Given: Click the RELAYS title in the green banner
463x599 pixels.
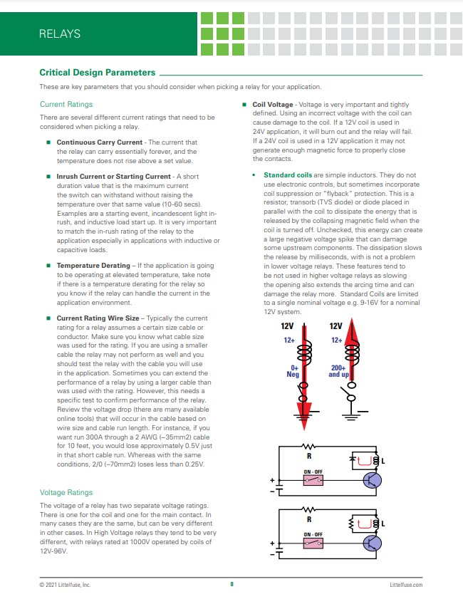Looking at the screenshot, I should pos(60,33).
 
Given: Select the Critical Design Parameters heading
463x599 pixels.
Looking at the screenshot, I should pos(97,73).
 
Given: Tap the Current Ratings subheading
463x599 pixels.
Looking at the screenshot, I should pos(66,104).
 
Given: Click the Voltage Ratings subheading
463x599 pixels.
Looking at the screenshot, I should pos(66,492).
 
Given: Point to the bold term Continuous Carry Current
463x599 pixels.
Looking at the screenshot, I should pos(99,142).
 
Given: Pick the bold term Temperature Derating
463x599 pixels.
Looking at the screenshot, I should pos(93,265).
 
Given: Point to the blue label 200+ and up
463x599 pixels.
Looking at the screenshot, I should pos(338,372).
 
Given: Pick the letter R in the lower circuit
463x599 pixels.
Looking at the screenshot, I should pos(309,520).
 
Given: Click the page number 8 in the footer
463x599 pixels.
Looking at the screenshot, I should pos(231,584).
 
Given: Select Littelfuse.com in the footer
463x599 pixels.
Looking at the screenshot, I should pos(406,584).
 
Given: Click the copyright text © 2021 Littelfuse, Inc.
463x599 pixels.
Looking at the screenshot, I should pos(65,584).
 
